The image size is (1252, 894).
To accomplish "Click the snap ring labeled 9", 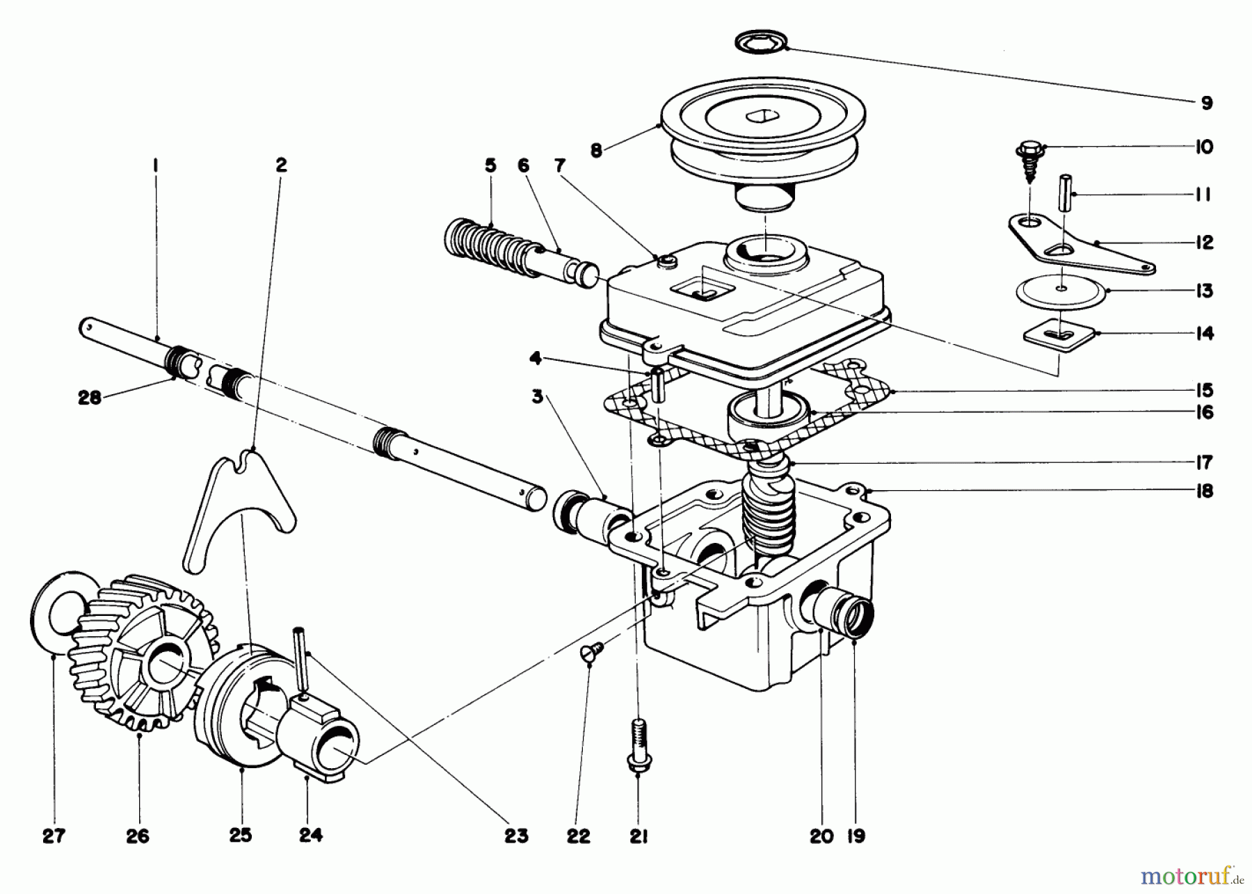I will pos(762,43).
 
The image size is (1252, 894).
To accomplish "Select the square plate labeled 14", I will pos(1059,335).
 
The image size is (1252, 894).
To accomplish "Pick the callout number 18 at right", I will pos(1204,491).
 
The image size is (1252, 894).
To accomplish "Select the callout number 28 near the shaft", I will pos(90,398).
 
